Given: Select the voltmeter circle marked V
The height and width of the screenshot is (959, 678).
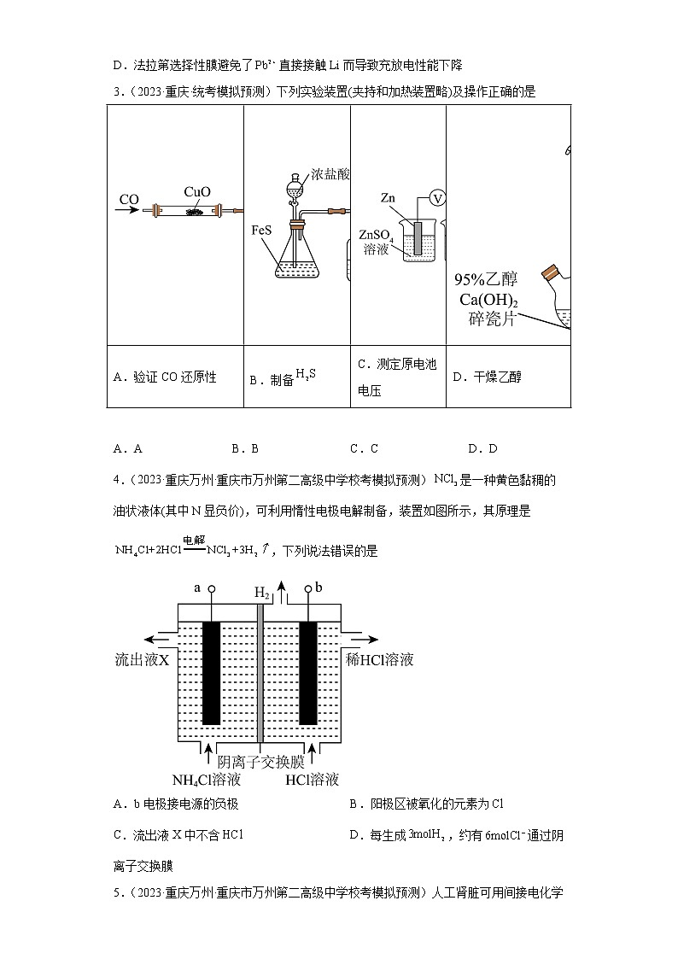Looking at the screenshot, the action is click(x=437, y=198).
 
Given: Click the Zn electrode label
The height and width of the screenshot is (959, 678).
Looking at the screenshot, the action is click(x=388, y=198).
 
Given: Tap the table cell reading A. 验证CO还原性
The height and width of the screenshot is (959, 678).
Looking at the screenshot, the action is click(x=164, y=377).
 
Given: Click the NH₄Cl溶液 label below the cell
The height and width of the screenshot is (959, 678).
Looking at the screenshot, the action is click(x=207, y=780).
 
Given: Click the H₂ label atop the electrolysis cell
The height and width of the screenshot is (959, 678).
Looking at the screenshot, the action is click(x=262, y=592).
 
